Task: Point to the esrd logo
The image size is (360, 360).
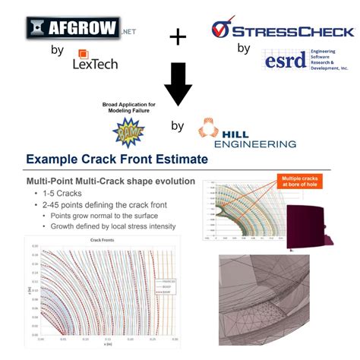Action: (x=284, y=60)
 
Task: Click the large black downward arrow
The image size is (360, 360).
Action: (x=178, y=83)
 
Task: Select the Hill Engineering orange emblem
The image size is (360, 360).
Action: (x=208, y=129)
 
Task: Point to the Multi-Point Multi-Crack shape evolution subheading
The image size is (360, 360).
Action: (x=110, y=182)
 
